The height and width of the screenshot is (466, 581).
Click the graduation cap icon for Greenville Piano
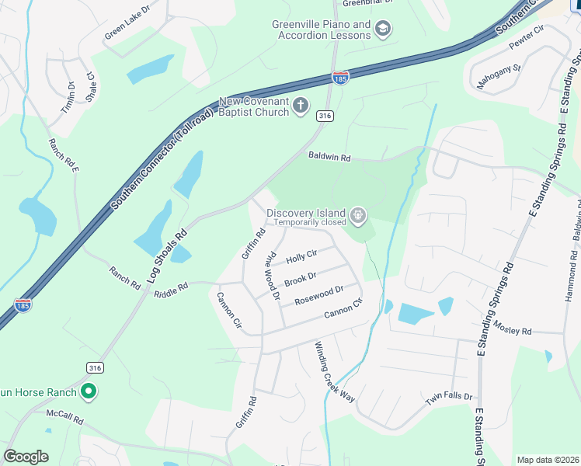(x=382, y=30)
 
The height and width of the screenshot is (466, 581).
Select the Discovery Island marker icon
(x=357, y=214)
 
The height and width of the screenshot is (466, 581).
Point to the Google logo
(x=26, y=457)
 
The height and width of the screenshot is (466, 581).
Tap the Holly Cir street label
(x=301, y=256)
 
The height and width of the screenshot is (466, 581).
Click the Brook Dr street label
(x=300, y=277)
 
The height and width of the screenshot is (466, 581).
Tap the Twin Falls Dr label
(x=449, y=398)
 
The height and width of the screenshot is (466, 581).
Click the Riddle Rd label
(x=171, y=287)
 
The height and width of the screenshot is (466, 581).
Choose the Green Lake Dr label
(x=127, y=26)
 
